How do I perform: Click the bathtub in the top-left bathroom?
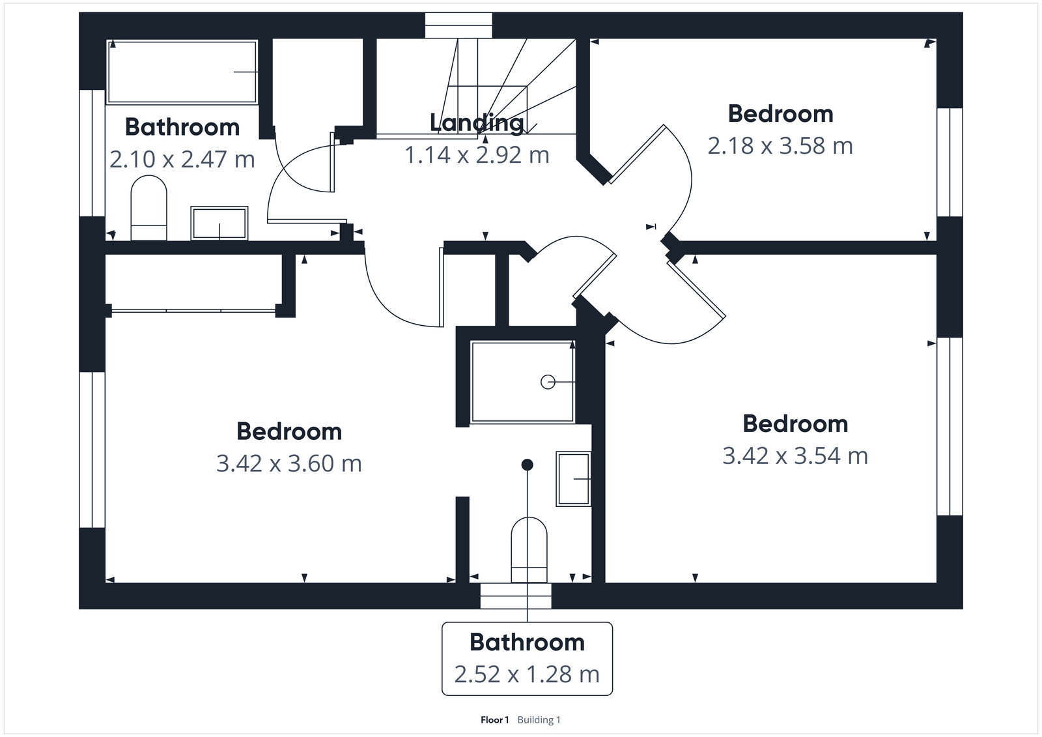click(x=182, y=72)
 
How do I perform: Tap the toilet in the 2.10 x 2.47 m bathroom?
click(x=149, y=210)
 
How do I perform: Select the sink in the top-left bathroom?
click(x=219, y=223)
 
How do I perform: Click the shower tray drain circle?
click(x=548, y=382)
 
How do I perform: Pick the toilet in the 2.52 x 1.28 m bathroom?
click(x=529, y=549)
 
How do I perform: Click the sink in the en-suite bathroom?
click(x=573, y=479)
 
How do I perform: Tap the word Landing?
click(x=477, y=123)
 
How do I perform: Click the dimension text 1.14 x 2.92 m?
click(x=477, y=155)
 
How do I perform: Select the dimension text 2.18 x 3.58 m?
click(x=780, y=146)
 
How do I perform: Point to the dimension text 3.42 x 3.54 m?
click(x=795, y=455)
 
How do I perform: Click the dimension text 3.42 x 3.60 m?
click(x=289, y=463)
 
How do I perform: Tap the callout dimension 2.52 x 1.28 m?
click(x=527, y=674)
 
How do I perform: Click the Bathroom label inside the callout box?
click(x=527, y=643)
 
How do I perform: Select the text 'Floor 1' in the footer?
click(x=494, y=720)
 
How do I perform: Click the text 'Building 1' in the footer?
click(x=539, y=720)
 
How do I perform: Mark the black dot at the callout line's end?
click(x=528, y=465)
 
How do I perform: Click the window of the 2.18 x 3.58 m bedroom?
click(x=950, y=162)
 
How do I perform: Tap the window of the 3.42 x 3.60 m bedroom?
click(x=92, y=449)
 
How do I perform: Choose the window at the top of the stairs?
click(x=459, y=26)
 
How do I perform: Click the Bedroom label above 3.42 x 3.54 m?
click(x=795, y=424)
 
